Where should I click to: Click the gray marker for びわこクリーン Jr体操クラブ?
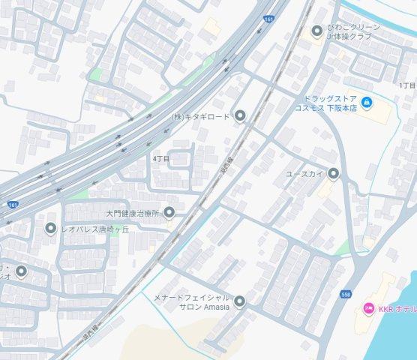click(316, 31)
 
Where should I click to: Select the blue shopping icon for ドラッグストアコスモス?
click(366, 102)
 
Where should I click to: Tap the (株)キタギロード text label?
click(201, 116)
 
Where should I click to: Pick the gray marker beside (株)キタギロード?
click(240, 116)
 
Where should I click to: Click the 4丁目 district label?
click(161, 159)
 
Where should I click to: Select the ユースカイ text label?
click(305, 174)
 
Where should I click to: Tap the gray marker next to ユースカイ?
click(333, 174)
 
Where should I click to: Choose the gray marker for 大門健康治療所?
click(169, 212)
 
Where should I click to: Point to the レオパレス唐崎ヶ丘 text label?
click(94, 228)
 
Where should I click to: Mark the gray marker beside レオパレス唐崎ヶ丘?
click(50, 228)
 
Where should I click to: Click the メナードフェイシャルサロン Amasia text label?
click(193, 303)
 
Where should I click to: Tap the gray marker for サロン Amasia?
click(240, 302)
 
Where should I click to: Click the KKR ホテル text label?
click(396, 309)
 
